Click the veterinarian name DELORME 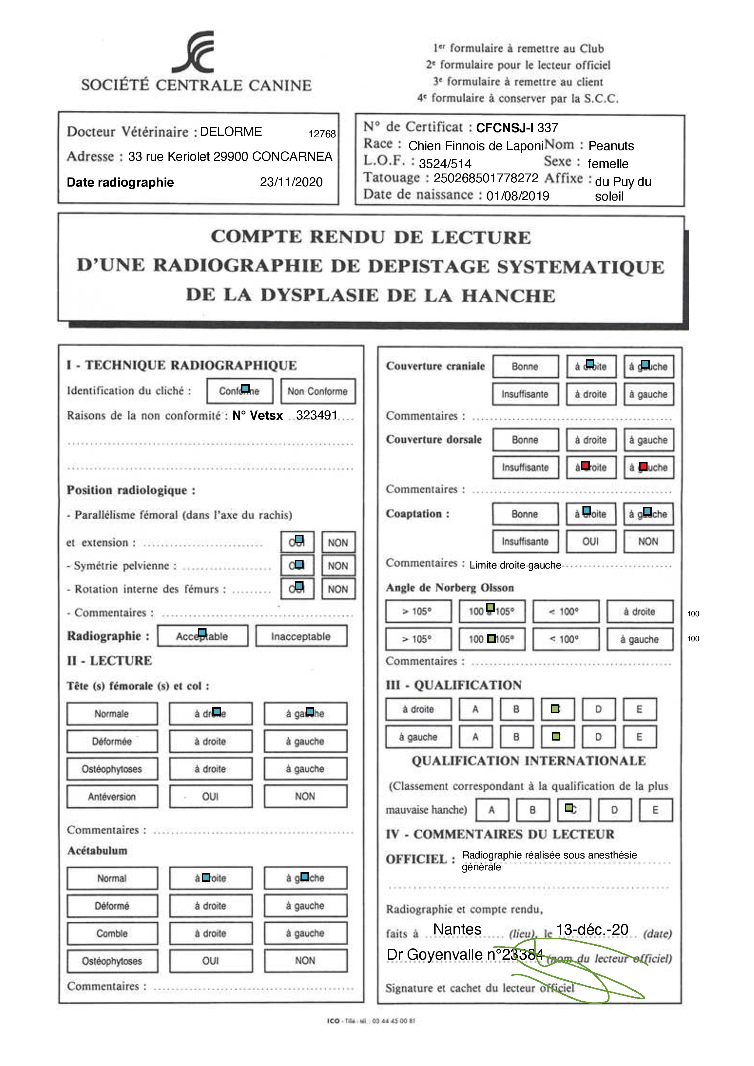click(x=231, y=132)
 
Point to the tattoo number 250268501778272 click(x=485, y=178)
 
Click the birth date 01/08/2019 click(x=518, y=196)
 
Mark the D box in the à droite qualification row click(x=598, y=710)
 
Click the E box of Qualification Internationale click(x=655, y=810)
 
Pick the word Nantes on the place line click(x=457, y=930)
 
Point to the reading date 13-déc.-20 click(x=592, y=930)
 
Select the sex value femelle click(x=608, y=164)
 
